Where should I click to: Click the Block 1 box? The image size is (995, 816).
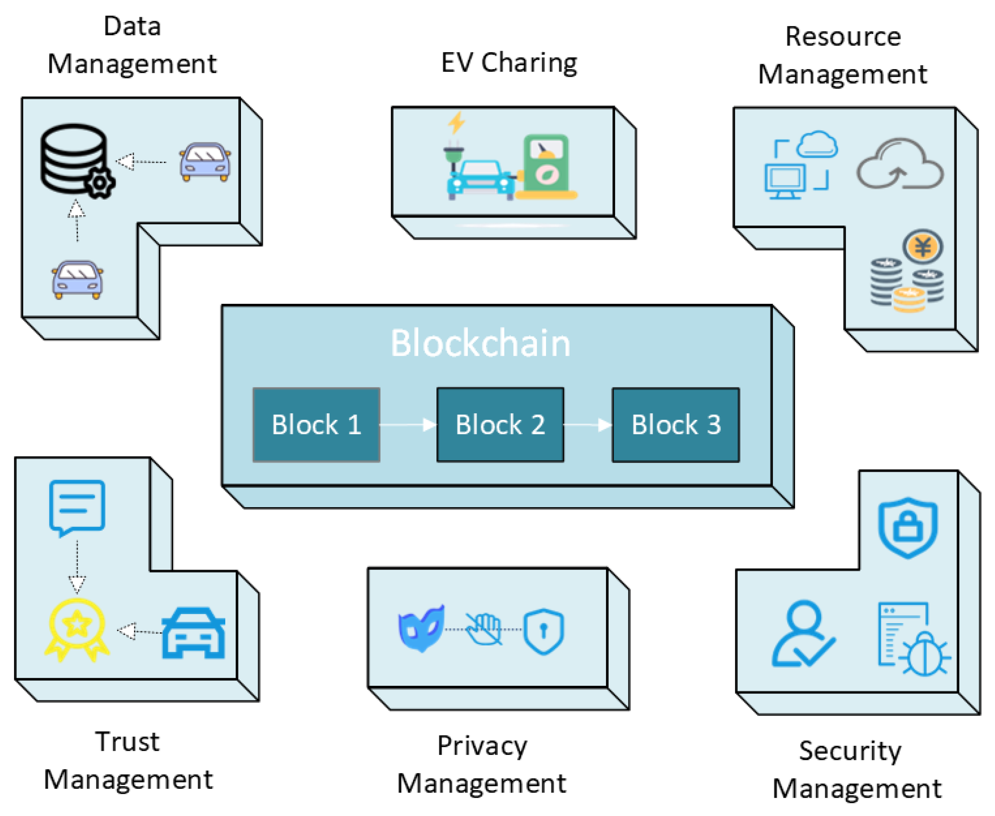tap(316, 425)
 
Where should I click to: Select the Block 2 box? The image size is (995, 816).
tap(500, 425)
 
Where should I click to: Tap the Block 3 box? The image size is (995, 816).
tap(675, 425)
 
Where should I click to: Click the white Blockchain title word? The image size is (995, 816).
tap(480, 343)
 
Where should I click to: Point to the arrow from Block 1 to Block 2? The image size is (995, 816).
tap(408, 425)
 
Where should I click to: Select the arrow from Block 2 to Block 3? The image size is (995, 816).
tap(587, 425)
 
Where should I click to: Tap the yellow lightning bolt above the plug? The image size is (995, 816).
tap(456, 123)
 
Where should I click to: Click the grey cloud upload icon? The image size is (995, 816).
tap(899, 164)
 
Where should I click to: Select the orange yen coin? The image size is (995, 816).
tap(922, 246)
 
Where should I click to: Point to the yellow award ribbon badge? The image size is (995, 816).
tap(77, 629)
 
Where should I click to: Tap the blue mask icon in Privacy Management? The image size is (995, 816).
tap(421, 627)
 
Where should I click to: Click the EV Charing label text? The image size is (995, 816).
tap(509, 63)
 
